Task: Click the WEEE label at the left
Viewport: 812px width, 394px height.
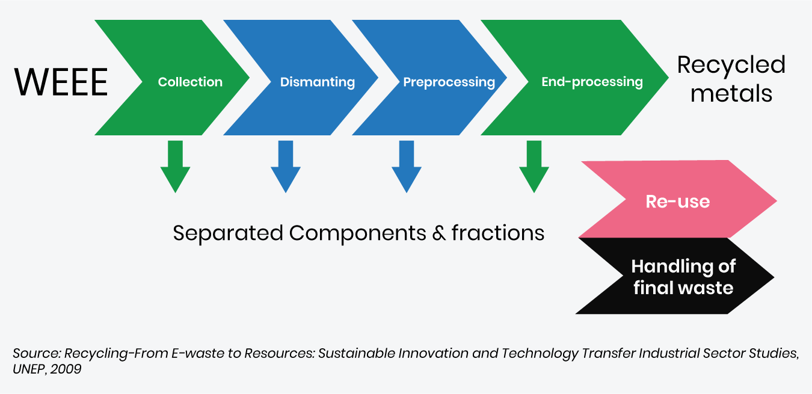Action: [61, 82]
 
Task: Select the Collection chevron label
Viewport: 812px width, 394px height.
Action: [190, 82]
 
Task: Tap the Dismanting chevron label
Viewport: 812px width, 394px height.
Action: [318, 82]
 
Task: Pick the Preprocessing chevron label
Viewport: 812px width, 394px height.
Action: [449, 82]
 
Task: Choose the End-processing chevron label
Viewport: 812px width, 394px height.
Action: [592, 82]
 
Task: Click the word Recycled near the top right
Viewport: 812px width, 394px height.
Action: [731, 65]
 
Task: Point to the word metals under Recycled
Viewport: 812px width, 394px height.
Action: [731, 93]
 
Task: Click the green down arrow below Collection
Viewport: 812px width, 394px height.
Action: [176, 167]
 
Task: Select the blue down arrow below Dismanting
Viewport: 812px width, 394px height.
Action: [286, 167]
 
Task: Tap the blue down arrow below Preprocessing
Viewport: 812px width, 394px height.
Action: [407, 167]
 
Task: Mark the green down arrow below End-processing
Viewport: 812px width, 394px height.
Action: [534, 167]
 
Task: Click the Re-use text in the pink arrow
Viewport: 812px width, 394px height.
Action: [678, 202]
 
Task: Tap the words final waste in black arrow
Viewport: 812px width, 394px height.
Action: [683, 288]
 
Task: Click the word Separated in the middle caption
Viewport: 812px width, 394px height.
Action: [228, 233]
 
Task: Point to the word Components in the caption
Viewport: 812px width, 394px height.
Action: [357, 233]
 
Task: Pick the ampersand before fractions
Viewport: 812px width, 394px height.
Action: [438, 233]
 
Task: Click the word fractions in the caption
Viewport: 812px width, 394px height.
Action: [498, 232]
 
